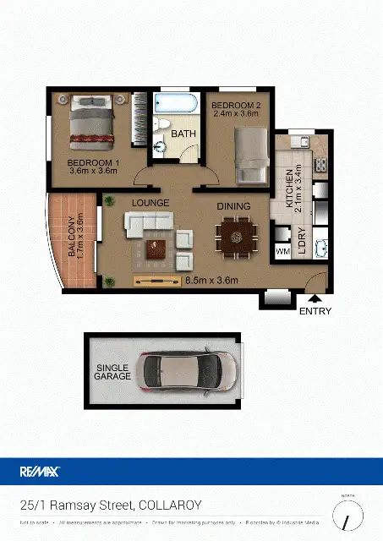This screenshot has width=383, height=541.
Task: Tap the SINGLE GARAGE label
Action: pyautogui.click(x=113, y=371)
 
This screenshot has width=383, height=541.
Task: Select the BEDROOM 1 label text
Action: pyautogui.click(x=92, y=165)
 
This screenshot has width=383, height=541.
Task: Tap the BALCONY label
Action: pyautogui.click(x=75, y=238)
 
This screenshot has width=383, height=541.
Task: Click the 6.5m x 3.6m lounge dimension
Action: pyautogui.click(x=211, y=281)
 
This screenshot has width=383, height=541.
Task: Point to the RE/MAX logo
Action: pyautogui.click(x=40, y=472)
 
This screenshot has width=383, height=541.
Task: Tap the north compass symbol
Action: pyautogui.click(x=347, y=513)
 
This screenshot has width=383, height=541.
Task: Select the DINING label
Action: pyautogui.click(x=233, y=205)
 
